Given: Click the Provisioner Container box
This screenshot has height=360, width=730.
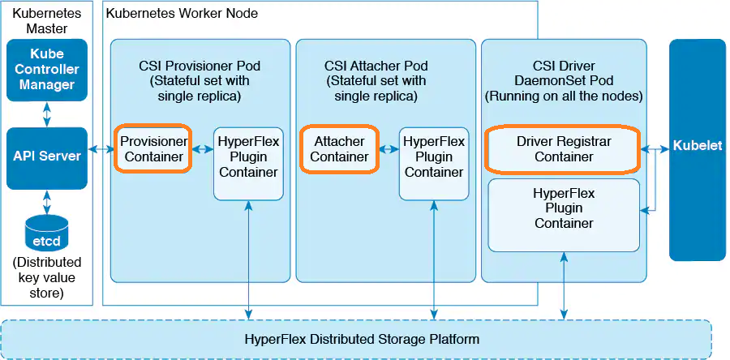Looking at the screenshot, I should click(x=152, y=148).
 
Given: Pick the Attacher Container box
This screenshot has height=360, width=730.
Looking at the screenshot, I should click(x=339, y=148).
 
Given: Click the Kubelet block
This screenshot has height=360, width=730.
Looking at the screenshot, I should click(x=697, y=148).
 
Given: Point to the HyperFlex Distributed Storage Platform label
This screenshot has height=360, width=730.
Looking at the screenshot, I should click(x=362, y=339).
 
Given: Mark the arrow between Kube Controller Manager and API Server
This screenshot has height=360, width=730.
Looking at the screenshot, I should click(x=46, y=114).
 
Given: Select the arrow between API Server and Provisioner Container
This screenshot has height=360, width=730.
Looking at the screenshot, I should click(x=101, y=149).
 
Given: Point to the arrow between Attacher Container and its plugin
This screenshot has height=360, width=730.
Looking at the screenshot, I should click(x=389, y=149).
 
